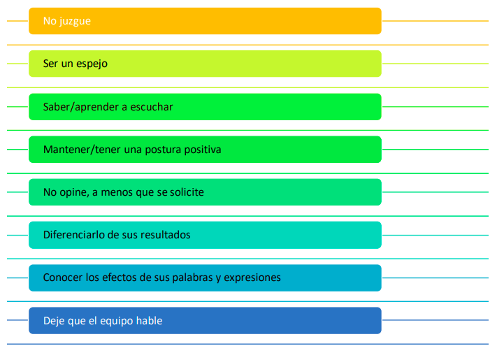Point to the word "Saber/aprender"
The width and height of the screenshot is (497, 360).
(81, 108)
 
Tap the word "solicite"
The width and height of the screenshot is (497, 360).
(187, 192)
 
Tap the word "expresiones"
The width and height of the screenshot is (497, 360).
(252, 278)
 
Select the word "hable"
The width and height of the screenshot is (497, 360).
(150, 321)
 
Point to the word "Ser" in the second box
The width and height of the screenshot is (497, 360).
(51, 64)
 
